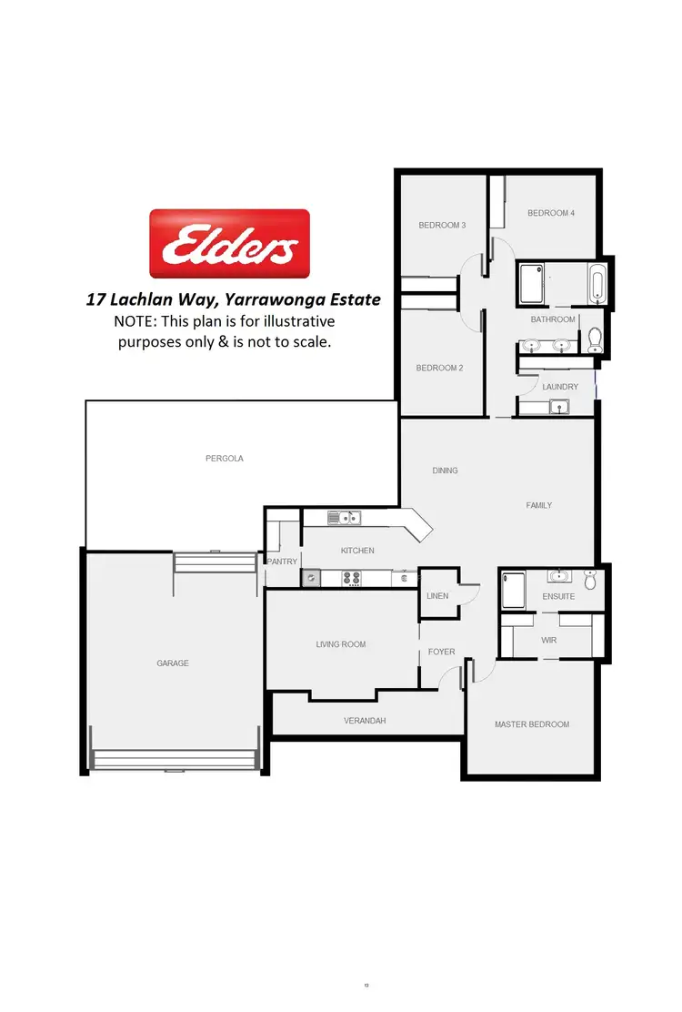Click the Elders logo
coord(229,244)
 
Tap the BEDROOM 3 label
coord(442,225)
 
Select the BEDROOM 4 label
coord(551,213)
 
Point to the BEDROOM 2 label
coord(440,368)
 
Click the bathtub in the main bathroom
coord(597,284)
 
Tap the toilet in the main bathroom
coord(596,339)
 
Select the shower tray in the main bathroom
coord(531,283)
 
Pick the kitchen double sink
coord(346,519)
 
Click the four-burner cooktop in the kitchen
coord(351,577)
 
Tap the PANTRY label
coord(282,562)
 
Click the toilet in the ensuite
coord(590,579)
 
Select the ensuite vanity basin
coord(557,576)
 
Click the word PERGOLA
coord(225,459)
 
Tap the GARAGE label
coord(173,663)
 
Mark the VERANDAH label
coord(365,720)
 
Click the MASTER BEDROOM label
coord(532,724)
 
